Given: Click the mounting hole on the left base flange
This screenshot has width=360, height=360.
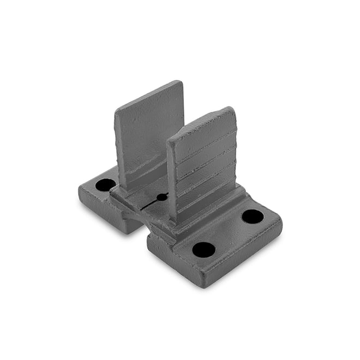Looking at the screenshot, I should click(105, 184).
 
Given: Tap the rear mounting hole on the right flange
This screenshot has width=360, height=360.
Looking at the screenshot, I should click(253, 216).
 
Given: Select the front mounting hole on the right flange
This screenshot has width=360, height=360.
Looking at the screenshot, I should click(203, 250).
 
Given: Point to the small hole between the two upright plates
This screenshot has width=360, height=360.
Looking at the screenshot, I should click(162, 196).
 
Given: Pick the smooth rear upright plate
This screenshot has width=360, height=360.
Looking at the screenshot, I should click(146, 131).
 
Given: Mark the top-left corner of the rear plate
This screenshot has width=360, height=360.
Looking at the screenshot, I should click(116, 109).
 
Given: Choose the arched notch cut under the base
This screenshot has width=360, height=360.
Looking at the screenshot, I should click(131, 220).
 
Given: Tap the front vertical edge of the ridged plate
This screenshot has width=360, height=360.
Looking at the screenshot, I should click(171, 180).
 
